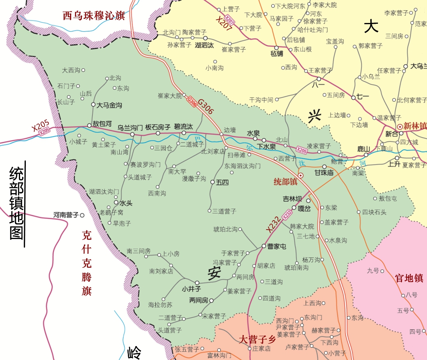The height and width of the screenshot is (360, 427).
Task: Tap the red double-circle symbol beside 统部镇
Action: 300,175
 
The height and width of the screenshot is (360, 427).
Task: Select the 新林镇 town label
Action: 415,126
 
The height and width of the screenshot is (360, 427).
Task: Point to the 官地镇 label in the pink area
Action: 409,278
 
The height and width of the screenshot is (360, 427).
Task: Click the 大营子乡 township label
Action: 257,339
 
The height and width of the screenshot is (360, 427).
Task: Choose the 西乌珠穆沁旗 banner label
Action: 93,16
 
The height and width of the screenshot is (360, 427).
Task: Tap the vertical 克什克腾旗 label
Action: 86,263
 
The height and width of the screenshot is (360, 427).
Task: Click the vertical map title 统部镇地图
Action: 17,203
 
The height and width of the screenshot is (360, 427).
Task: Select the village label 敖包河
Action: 102,123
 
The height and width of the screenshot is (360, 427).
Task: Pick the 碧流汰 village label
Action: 183,126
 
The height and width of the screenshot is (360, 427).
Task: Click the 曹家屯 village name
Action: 276,246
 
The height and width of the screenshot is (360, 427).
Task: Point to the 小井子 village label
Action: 191,289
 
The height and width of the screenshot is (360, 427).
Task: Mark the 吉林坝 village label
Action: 292,199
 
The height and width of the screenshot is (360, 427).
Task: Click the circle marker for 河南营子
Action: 82,215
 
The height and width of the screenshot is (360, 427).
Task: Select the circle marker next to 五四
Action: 213,182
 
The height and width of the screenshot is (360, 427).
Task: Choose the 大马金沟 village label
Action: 109,105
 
